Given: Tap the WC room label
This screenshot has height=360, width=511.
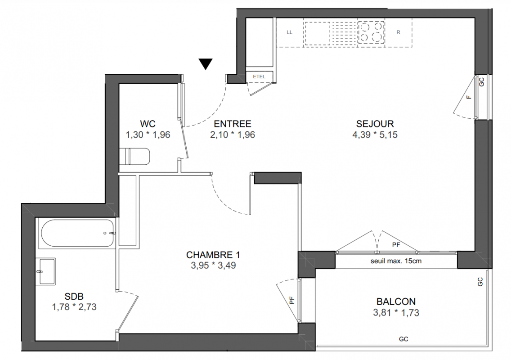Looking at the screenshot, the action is [148, 124].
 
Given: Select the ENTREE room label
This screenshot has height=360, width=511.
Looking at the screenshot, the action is [233, 124].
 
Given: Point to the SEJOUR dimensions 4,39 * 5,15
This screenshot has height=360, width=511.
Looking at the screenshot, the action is [375, 135].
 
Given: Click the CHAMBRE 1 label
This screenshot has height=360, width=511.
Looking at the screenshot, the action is [213, 255].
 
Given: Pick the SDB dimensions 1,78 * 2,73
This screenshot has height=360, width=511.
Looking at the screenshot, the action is [74, 307].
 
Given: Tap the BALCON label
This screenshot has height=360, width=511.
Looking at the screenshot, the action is [396, 301].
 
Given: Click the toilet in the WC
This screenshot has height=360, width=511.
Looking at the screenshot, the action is [134, 157].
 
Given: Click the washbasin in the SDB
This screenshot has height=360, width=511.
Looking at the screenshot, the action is [47, 271].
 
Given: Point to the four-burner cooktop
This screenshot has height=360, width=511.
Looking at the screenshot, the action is [371, 32].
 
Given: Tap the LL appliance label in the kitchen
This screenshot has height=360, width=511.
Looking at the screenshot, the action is [289, 32].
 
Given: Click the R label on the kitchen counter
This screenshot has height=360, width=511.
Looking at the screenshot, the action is [398, 32].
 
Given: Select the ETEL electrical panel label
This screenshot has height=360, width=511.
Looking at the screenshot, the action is [259, 76].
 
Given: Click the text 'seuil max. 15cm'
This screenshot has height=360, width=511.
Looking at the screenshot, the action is [396, 261].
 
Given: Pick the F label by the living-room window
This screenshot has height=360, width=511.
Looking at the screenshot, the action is [469, 97].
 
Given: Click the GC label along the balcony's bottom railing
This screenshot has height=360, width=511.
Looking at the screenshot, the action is [403, 339].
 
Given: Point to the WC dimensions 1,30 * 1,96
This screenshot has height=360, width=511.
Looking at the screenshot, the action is [148, 135].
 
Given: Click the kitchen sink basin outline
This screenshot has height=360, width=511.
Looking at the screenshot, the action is [317, 34].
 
